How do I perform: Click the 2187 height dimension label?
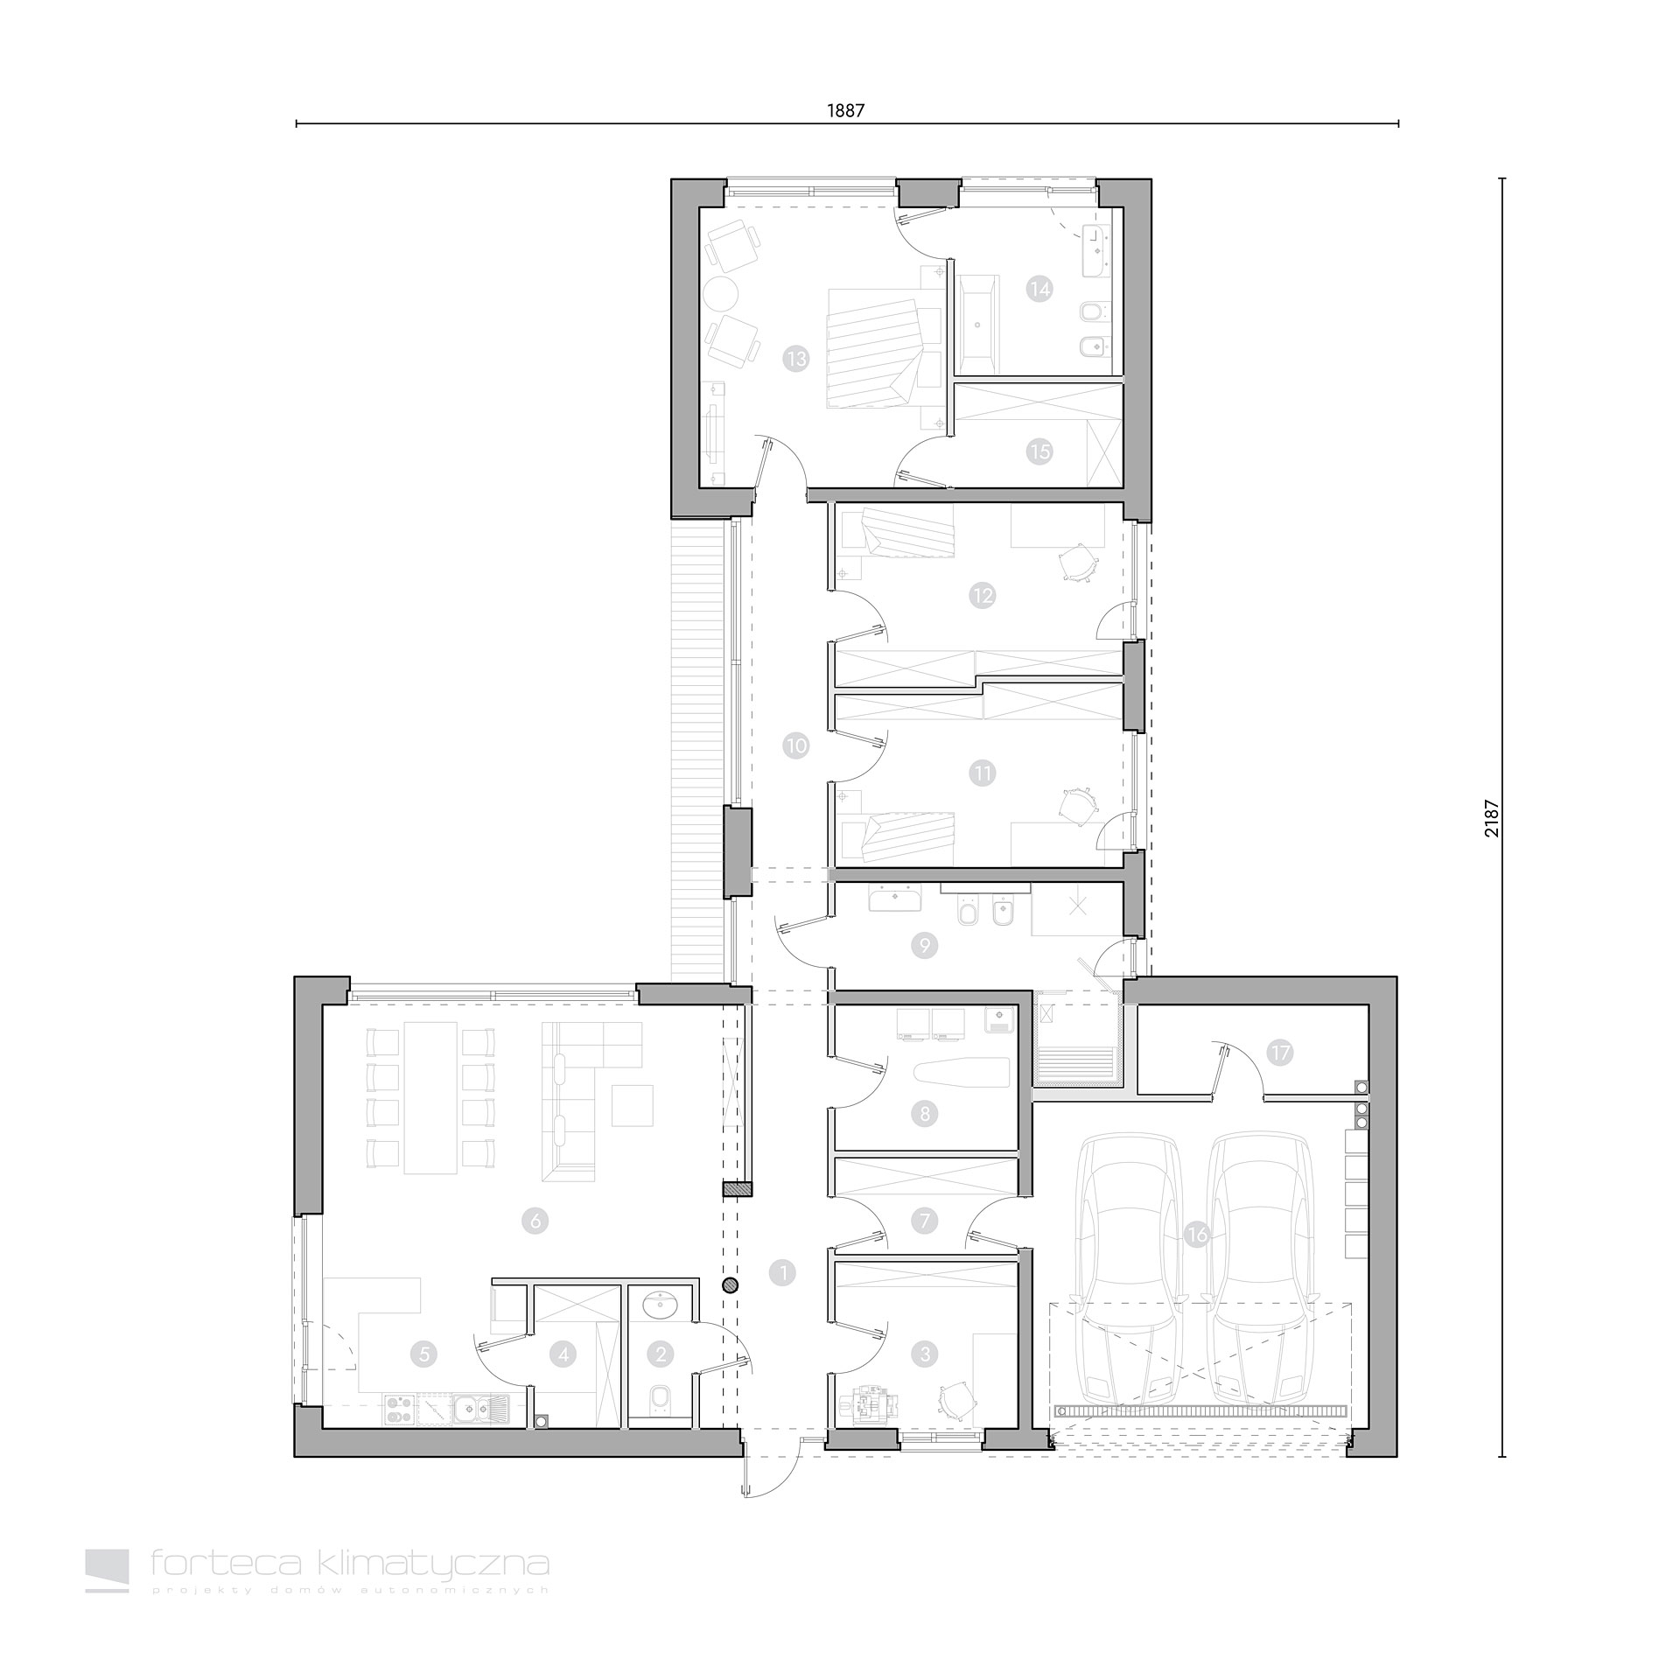1493,818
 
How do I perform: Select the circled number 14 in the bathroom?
1039,288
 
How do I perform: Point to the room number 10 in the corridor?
796,746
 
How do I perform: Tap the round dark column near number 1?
731,1284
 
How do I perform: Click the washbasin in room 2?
660,1305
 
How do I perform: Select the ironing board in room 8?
961,1072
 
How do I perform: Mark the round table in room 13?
723,292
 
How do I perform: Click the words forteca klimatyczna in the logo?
350,1562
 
